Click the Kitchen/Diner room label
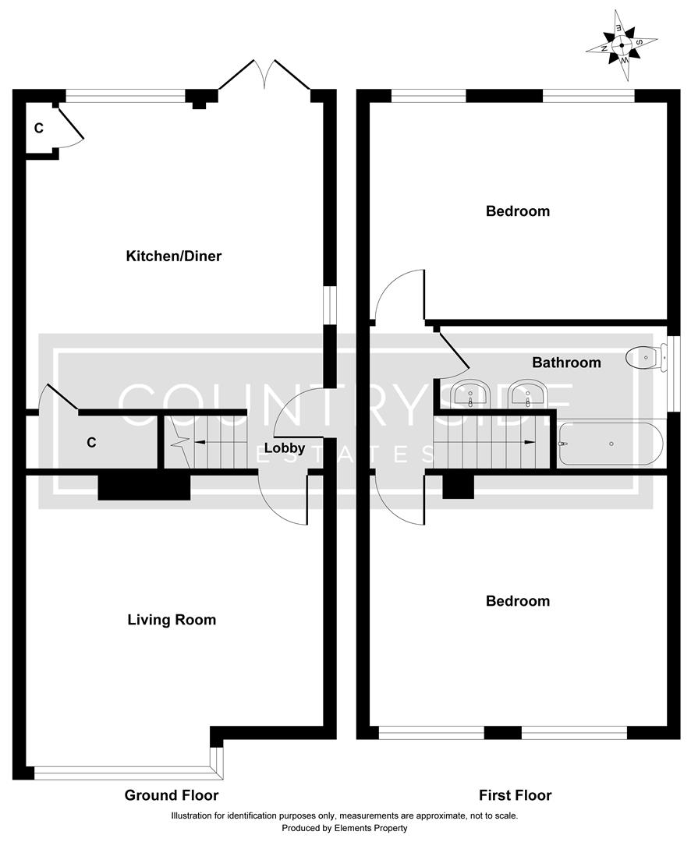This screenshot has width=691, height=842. [174, 256]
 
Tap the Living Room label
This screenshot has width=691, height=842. [172, 620]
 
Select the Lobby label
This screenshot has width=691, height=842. [285, 448]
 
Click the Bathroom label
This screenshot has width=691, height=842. [566, 363]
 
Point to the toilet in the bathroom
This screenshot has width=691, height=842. [647, 358]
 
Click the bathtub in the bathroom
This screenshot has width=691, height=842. [611, 444]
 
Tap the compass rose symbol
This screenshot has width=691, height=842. [622, 45]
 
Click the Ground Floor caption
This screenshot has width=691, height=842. [172, 795]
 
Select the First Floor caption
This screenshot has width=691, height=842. [516, 795]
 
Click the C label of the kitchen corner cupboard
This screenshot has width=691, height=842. [37, 128]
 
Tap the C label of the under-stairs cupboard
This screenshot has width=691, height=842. [91, 443]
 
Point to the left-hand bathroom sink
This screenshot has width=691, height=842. [470, 395]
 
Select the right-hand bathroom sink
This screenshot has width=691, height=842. [528, 395]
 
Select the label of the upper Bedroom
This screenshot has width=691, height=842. [517, 211]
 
